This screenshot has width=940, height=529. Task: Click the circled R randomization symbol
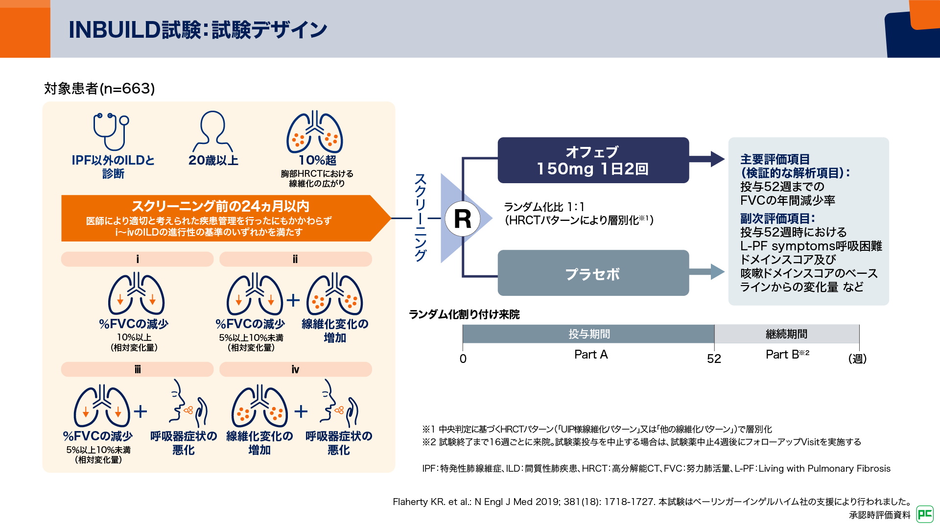[x=462, y=218]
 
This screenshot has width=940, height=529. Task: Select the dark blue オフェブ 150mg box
[x=593, y=160]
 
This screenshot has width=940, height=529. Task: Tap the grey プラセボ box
[x=593, y=273]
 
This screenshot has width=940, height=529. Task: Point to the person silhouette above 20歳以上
[x=213, y=131]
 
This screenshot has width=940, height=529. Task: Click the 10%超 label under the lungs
[x=317, y=160]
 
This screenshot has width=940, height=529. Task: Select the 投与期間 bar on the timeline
[x=588, y=334]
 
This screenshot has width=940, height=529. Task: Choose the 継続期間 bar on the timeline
[x=786, y=334]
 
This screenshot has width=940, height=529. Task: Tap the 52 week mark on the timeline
[x=714, y=359]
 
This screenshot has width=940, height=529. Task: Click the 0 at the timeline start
[x=463, y=359]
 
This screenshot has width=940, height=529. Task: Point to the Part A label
[x=591, y=355]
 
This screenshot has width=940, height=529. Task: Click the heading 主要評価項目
[x=775, y=159]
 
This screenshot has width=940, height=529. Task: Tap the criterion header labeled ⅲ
[x=138, y=369]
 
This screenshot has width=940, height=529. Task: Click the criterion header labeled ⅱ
[x=295, y=259]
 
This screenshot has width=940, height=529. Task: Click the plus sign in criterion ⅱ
[x=293, y=300]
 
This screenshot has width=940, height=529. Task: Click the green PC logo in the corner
[x=925, y=514]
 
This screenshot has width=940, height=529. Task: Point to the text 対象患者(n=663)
[x=99, y=89]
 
